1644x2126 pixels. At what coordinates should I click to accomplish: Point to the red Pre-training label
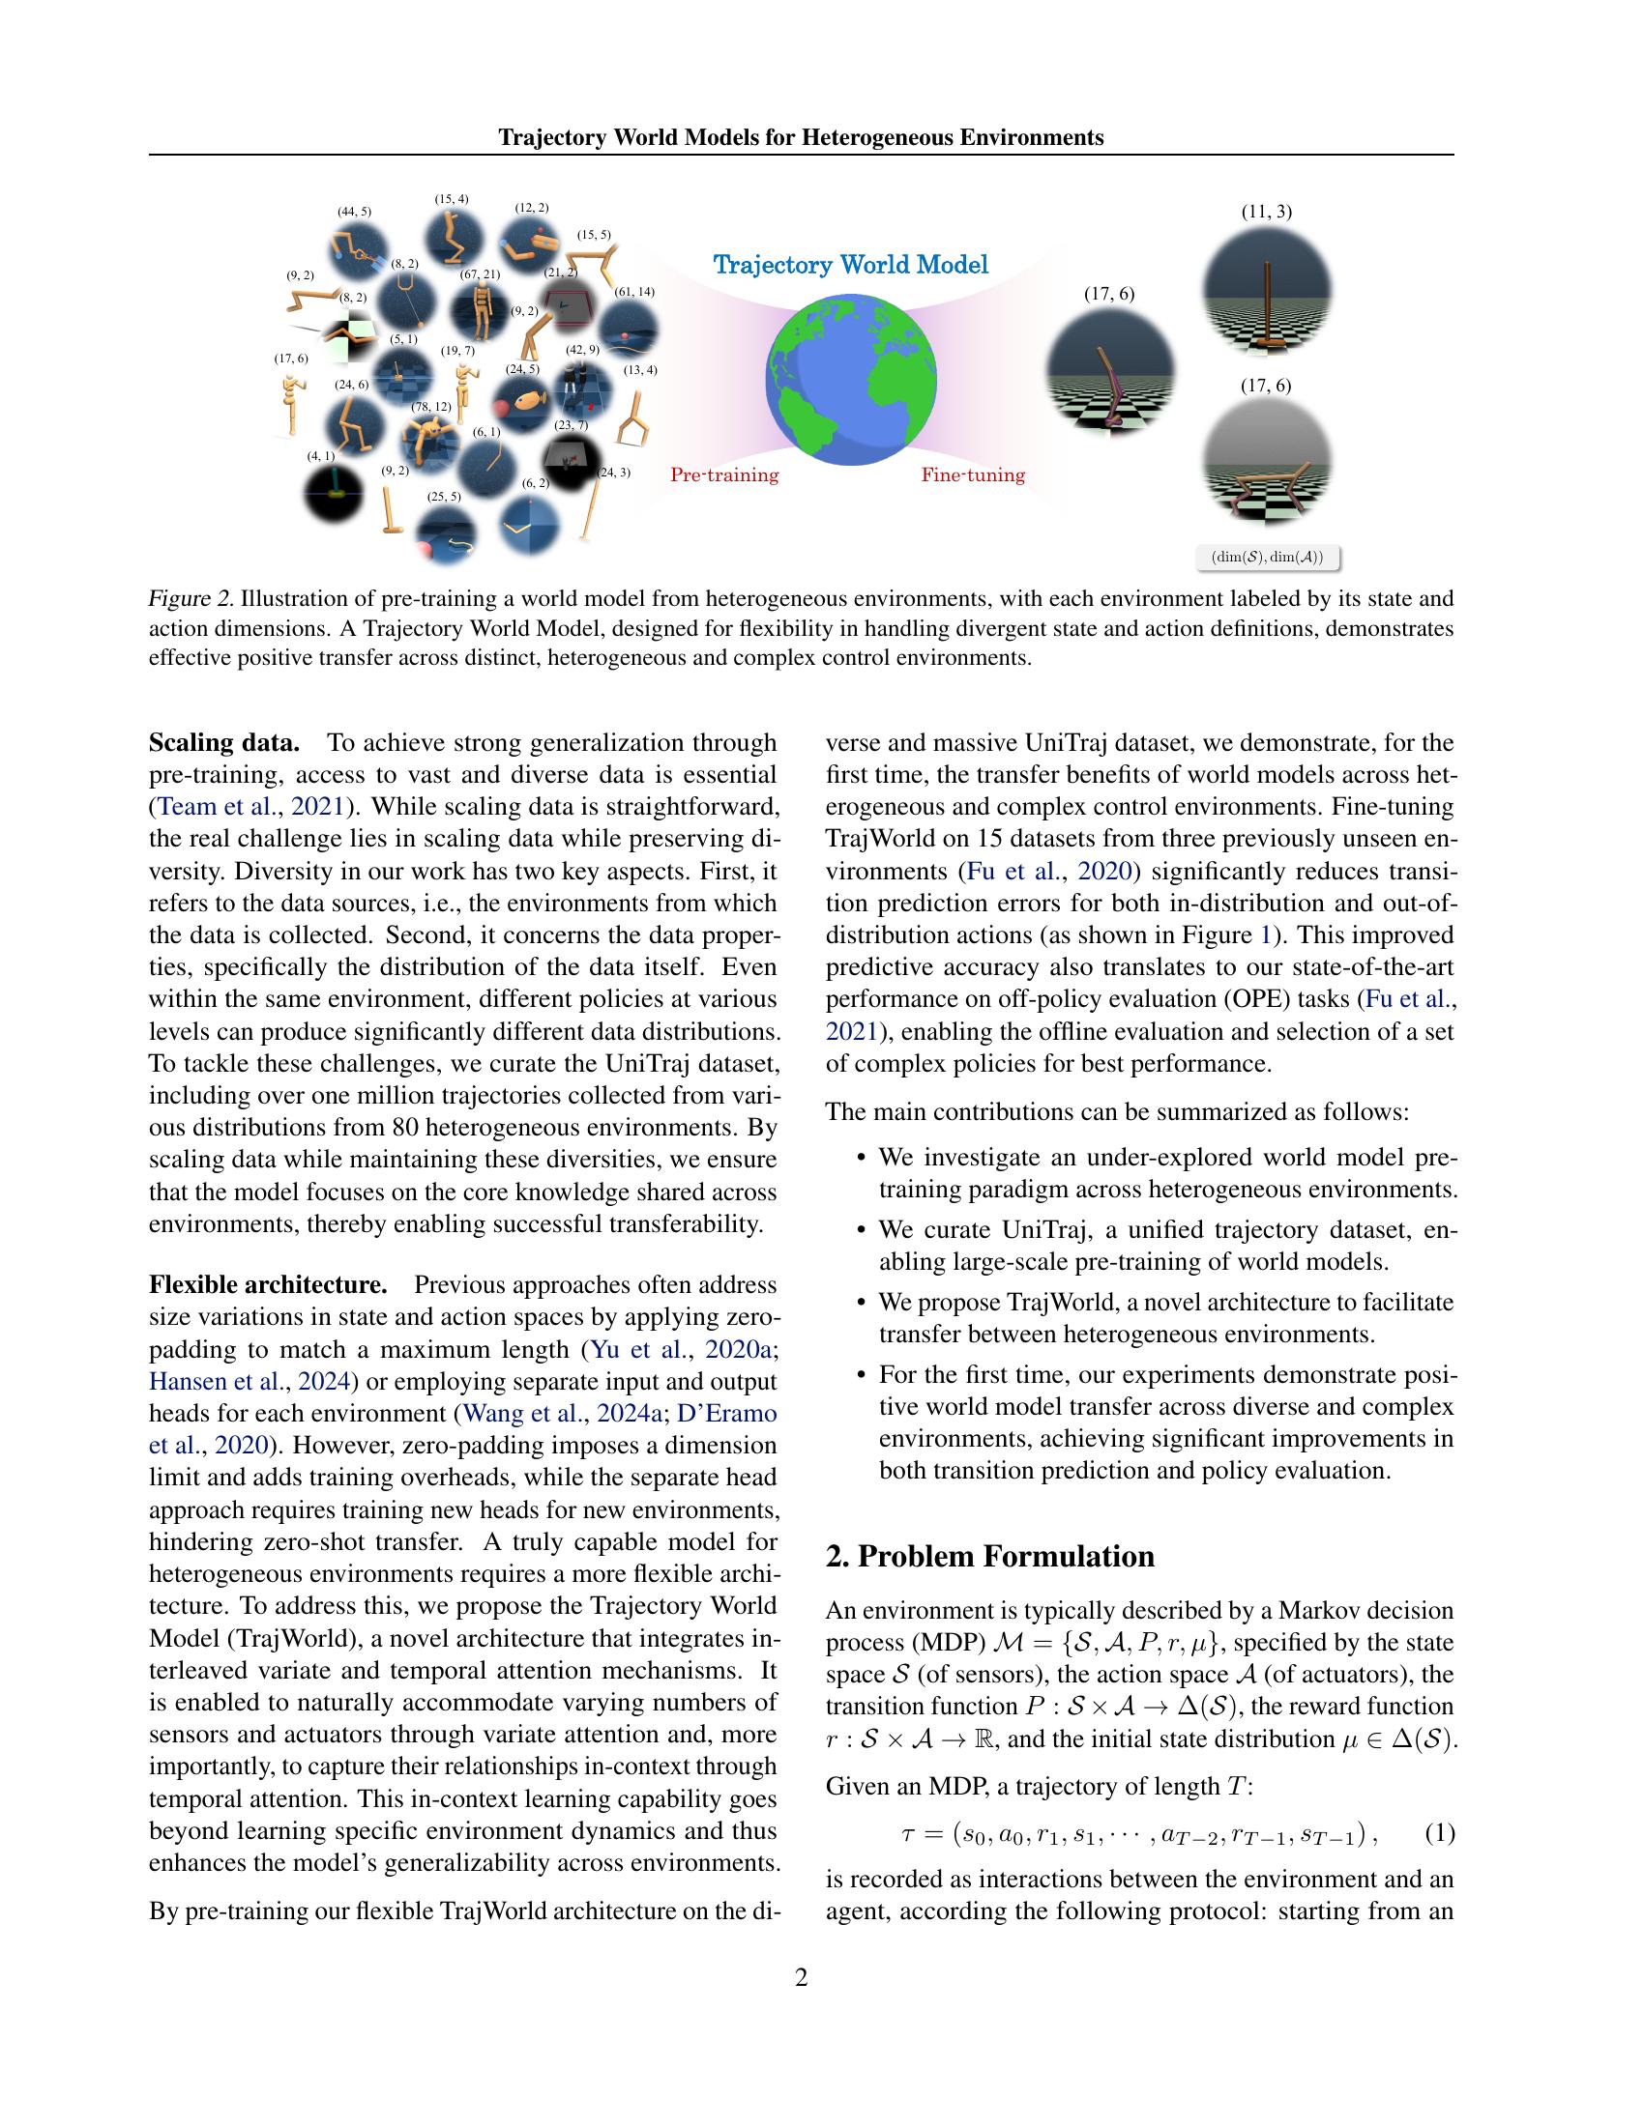724,475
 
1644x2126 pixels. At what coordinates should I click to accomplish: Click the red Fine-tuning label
973,475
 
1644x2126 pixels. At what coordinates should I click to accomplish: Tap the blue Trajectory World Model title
850,264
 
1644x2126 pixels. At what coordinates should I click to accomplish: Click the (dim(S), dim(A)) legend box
1267,558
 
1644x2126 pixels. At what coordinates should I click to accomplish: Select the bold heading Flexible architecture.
268,1285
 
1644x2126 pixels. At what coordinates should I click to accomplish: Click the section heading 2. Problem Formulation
989,1557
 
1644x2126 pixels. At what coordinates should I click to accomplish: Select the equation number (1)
1440,1834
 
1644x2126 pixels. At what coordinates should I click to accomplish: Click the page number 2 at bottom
802,1977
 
